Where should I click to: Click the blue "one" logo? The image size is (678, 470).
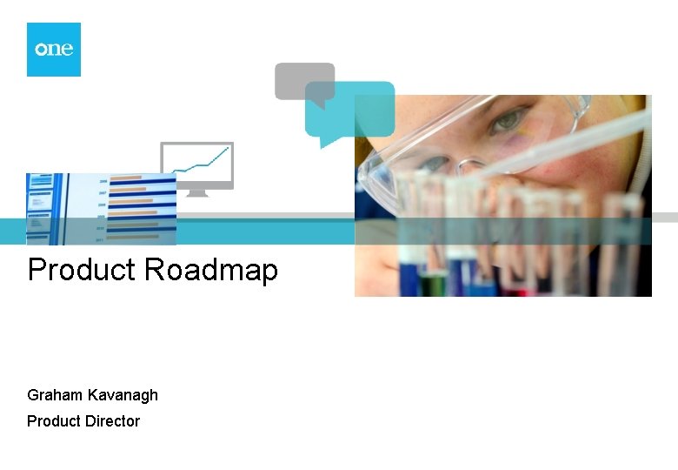click(53, 50)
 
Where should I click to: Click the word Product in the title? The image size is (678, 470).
click(83, 270)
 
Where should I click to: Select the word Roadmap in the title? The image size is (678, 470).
click(211, 270)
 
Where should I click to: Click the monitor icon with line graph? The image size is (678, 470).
click(198, 165)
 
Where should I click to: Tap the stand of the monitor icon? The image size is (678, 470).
click(198, 191)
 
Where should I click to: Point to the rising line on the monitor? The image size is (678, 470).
click(202, 162)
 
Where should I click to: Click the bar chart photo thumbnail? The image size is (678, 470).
click(101, 209)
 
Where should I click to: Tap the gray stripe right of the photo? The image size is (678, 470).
click(664, 218)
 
